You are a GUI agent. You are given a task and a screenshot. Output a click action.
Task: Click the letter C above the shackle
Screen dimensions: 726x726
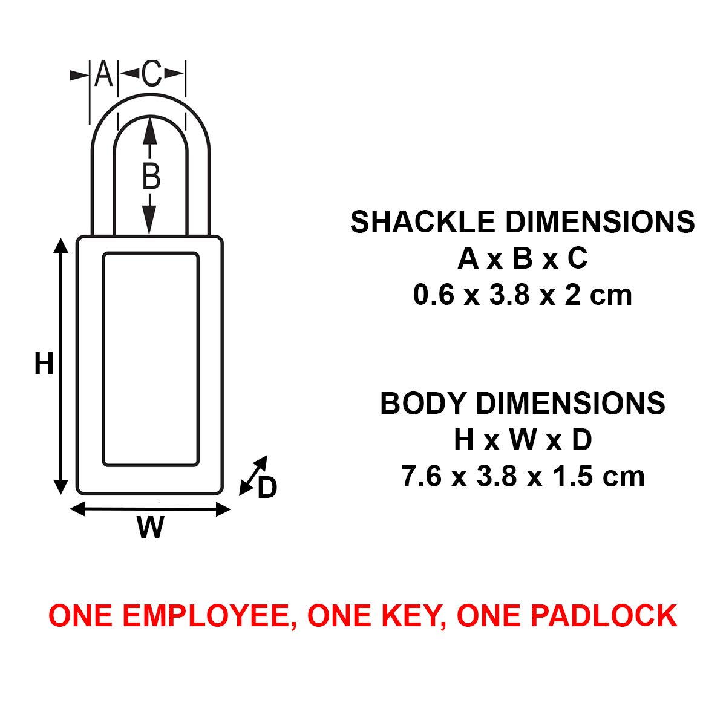coord(151,73)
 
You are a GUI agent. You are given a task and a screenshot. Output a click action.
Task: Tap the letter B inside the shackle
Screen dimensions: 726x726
coord(151,176)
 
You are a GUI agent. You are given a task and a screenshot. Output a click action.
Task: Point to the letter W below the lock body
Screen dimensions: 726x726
coord(150,527)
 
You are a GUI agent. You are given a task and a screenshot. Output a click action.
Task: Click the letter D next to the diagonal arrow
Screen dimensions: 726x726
coord(267,488)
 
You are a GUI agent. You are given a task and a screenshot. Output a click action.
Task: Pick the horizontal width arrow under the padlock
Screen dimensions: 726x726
coord(150,509)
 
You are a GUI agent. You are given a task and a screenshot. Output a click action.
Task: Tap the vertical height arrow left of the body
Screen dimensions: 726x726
coord(60,365)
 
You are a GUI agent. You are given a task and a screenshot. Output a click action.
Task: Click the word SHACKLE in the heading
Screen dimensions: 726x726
coord(423,222)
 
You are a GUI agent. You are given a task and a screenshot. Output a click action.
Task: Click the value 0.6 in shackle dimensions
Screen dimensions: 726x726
coord(434,295)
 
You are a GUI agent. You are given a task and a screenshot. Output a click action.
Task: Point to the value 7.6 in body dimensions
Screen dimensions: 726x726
coord(421,477)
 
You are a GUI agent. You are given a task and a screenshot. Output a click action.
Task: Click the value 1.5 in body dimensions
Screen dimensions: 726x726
coord(574,477)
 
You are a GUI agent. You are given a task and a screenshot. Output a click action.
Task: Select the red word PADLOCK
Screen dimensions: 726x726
coord(603,615)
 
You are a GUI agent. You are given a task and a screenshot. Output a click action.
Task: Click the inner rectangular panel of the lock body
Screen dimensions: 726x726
coord(151,359)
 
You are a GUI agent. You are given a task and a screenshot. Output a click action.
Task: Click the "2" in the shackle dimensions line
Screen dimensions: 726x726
coord(573,295)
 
